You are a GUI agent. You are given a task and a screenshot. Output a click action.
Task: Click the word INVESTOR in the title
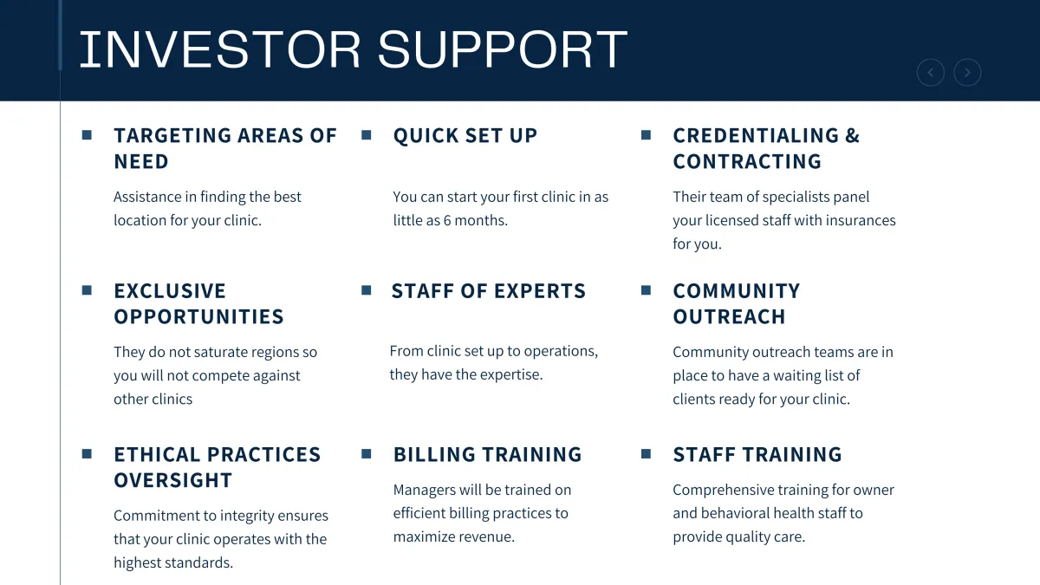220,49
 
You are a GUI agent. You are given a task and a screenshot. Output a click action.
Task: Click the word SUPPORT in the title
503,49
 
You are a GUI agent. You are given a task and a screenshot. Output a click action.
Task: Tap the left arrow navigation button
931,73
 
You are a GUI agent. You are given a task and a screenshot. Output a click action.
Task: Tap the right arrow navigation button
967,73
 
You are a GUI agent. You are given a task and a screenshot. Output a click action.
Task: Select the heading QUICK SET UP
465,135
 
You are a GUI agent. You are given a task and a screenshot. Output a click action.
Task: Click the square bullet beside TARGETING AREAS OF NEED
87,135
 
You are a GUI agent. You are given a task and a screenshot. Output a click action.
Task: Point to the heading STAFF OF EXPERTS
489,291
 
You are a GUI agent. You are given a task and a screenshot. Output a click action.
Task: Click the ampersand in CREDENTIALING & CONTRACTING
853,135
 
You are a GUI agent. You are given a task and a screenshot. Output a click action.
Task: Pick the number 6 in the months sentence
447,220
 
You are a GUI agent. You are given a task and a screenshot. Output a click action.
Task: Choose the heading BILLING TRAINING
487,454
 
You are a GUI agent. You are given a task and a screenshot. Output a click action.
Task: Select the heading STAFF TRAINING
757,454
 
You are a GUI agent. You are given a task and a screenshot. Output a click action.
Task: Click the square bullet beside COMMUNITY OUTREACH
646,290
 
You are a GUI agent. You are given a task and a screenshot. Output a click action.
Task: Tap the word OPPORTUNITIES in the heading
198,316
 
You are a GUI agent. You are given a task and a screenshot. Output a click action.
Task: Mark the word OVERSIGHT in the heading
172,480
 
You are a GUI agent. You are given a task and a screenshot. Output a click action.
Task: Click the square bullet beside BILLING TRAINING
367,453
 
